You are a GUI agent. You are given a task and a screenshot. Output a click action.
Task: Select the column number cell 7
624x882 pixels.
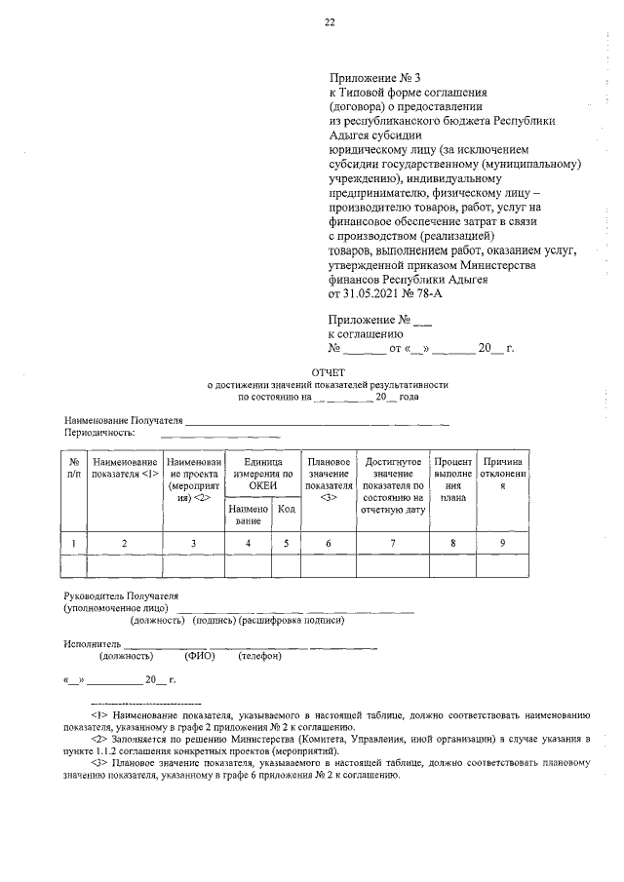(392, 542)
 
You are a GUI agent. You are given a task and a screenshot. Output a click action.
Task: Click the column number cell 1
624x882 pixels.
(74, 542)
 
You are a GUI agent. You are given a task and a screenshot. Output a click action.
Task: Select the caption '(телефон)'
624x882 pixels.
(259, 656)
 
